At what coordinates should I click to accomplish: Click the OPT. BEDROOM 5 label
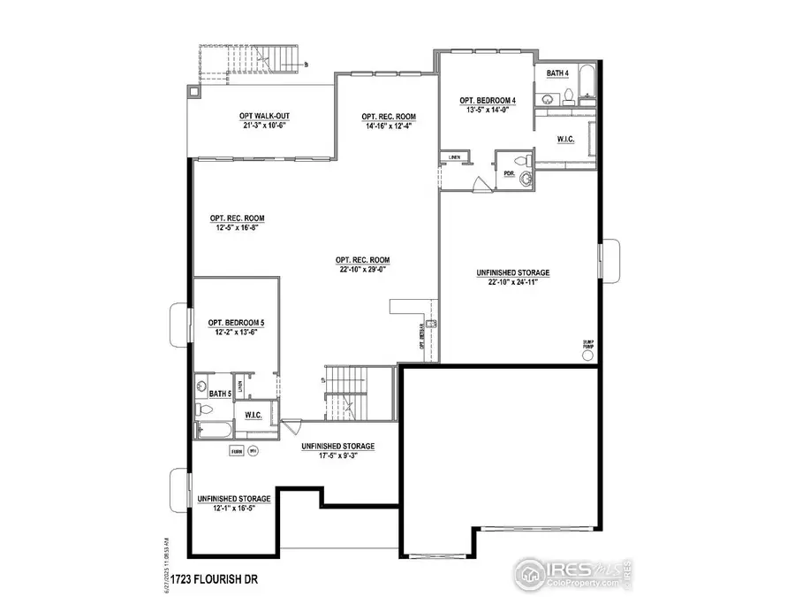pyautogui.click(x=236, y=323)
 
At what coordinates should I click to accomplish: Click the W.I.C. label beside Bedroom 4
pyautogui.click(x=565, y=139)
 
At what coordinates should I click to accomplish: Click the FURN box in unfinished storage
pyautogui.click(x=236, y=452)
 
